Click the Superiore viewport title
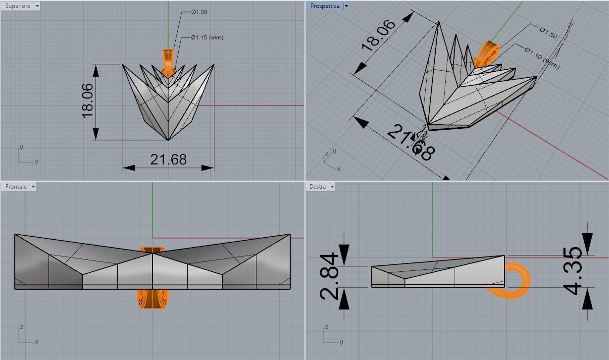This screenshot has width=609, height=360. pyautogui.click(x=17, y=6)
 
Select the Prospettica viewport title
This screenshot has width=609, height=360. pyautogui.click(x=325, y=6)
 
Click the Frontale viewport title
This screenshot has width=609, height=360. pyautogui.click(x=16, y=187)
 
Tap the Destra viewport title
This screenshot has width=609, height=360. pyautogui.click(x=317, y=187)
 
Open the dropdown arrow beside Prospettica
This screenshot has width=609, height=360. pyautogui.click(x=346, y=6)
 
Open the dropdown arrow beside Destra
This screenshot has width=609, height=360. pyautogui.click(x=332, y=187)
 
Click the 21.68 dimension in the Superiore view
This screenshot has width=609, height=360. pyautogui.click(x=168, y=159)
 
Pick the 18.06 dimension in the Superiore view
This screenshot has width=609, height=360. pyautogui.click(x=87, y=101)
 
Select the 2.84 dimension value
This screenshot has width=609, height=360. pyautogui.click(x=330, y=276)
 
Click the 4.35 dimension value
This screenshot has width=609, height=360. pyautogui.click(x=574, y=271)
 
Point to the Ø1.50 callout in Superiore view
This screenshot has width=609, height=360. pyautogui.click(x=199, y=12)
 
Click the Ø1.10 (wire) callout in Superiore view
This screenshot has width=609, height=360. pyautogui.click(x=207, y=38)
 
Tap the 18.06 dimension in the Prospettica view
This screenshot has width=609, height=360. pyautogui.click(x=378, y=36)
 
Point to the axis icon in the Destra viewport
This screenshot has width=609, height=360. pyautogui.click(x=332, y=336)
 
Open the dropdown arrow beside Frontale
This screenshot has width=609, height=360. pyautogui.click(x=33, y=187)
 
